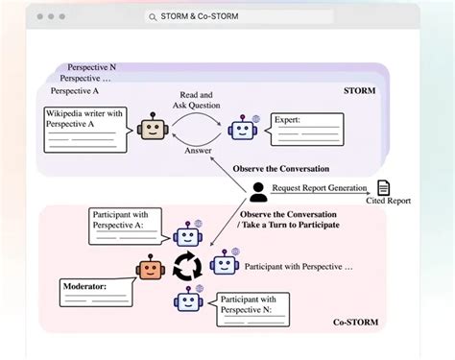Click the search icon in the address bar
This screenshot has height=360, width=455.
(x=154, y=16)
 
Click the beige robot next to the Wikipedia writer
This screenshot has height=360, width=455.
(x=151, y=130)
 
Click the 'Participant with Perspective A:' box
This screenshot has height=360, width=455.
(x=127, y=226)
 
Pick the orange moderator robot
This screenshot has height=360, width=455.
(x=150, y=273)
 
